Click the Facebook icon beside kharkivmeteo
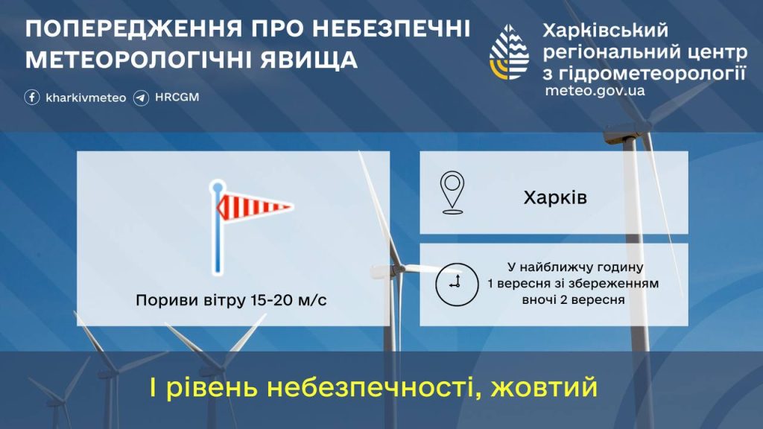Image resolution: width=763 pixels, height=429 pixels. [32, 98]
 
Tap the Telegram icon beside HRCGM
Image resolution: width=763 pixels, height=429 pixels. [141, 98]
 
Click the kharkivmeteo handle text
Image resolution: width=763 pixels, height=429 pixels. [86, 98]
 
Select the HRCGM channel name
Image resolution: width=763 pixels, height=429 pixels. [177, 98]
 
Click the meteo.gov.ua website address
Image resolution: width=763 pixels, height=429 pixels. [595, 91]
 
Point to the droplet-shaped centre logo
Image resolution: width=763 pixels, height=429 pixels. [509, 52]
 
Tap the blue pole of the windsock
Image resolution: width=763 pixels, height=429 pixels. [218, 229]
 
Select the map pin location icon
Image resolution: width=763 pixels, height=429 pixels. [452, 193]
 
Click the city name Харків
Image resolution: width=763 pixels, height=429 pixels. [555, 197]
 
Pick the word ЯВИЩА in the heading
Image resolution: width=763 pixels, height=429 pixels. [308, 60]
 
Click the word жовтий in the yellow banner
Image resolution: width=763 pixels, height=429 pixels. [544, 387]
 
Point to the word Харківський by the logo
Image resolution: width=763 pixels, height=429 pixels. [605, 31]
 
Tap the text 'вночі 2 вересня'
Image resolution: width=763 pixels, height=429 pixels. [573, 299]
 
